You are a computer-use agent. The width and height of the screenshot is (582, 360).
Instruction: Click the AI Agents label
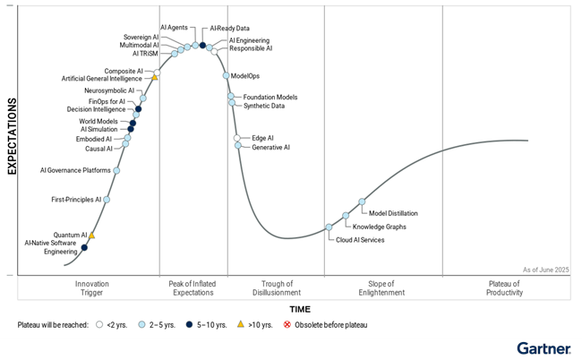(x=174, y=28)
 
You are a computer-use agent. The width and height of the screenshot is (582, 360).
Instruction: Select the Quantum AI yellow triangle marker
(x=91, y=236)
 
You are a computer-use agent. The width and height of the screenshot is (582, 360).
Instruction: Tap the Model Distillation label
(x=393, y=213)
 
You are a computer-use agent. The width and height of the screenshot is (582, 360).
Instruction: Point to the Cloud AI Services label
(x=360, y=240)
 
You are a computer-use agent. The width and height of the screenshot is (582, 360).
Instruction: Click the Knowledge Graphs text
(x=379, y=227)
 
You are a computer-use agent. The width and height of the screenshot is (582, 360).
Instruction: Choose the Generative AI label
(x=270, y=147)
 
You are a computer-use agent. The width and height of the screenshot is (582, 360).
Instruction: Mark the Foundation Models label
(x=270, y=97)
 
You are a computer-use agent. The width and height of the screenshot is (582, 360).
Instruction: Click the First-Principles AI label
(x=76, y=200)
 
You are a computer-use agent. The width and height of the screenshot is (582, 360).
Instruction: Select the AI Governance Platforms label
(x=75, y=170)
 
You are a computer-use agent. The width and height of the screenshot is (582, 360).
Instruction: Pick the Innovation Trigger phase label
(x=92, y=288)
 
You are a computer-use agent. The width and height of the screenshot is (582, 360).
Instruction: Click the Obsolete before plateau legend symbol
(x=287, y=324)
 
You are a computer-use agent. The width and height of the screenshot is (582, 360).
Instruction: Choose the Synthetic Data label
(x=264, y=106)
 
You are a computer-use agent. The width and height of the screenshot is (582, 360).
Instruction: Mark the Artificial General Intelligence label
(x=103, y=79)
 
